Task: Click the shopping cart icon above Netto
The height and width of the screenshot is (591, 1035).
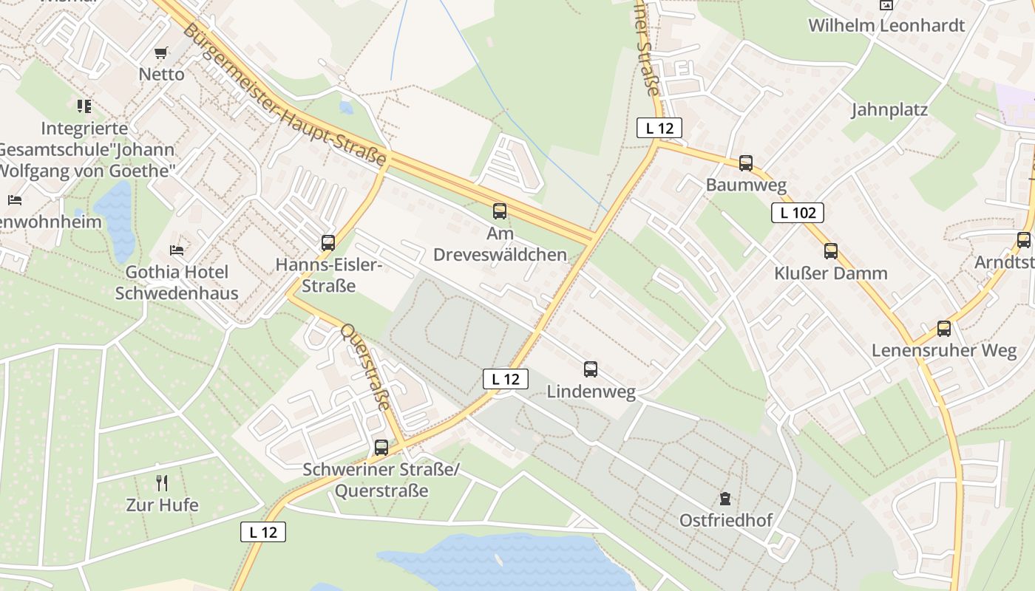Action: [160, 52]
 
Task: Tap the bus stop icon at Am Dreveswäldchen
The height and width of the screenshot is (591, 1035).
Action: [500, 211]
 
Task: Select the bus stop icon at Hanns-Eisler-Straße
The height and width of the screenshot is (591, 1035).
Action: [328, 242]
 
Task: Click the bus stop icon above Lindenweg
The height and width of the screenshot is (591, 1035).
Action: [590, 369]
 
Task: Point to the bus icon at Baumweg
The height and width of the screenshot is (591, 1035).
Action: [746, 163]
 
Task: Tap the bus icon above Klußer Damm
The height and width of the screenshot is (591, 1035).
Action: [831, 251]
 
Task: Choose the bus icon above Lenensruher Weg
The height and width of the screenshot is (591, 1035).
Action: [944, 329]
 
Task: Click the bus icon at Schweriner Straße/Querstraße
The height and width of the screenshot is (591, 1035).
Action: [381, 447]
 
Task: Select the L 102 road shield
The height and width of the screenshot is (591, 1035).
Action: [798, 213]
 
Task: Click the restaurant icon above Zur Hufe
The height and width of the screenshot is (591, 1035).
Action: [162, 483]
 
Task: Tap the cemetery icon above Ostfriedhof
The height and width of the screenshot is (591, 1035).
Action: [725, 499]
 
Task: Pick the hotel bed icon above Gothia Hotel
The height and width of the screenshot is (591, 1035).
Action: [177, 250]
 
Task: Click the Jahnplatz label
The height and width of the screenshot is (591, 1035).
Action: [889, 110]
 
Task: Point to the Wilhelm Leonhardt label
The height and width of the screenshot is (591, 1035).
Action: [886, 26]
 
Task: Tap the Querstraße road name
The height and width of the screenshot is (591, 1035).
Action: [364, 366]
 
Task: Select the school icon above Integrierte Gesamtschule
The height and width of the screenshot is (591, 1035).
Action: [84, 106]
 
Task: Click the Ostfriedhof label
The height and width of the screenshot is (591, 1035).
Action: [725, 521]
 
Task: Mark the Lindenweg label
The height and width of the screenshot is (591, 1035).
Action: [591, 392]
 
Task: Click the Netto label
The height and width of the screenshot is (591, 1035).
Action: [161, 75]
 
